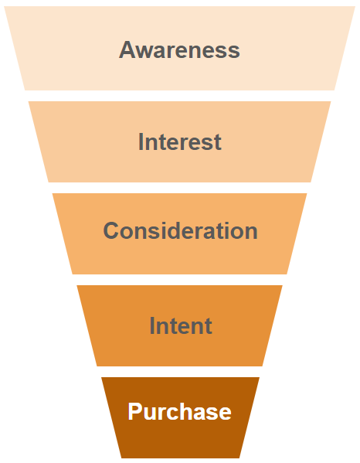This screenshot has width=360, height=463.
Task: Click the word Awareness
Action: (179, 50)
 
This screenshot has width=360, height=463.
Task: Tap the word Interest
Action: (180, 142)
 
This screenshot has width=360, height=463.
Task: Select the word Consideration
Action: (180, 230)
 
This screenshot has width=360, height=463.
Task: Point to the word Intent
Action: (181, 325)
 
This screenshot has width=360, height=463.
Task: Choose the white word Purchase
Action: (179, 411)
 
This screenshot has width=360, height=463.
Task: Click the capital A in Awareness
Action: (127, 50)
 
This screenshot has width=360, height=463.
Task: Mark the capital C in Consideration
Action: (111, 230)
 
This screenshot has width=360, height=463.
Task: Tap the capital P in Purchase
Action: (134, 411)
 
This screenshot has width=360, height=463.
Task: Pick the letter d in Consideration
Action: (170, 230)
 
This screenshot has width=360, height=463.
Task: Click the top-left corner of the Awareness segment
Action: (4, 6)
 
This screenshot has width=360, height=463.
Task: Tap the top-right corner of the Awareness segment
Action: (355, 6)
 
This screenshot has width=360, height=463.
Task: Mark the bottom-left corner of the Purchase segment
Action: (121, 458)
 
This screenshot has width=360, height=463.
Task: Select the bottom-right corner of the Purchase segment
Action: (239, 458)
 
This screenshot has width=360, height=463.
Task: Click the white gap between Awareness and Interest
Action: (179, 96)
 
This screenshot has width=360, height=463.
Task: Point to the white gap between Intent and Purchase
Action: (179, 372)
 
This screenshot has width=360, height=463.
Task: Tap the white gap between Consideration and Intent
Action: (179, 280)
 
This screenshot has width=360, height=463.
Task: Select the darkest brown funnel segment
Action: (180, 417)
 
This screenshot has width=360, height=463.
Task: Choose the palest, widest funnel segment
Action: (179, 49)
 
